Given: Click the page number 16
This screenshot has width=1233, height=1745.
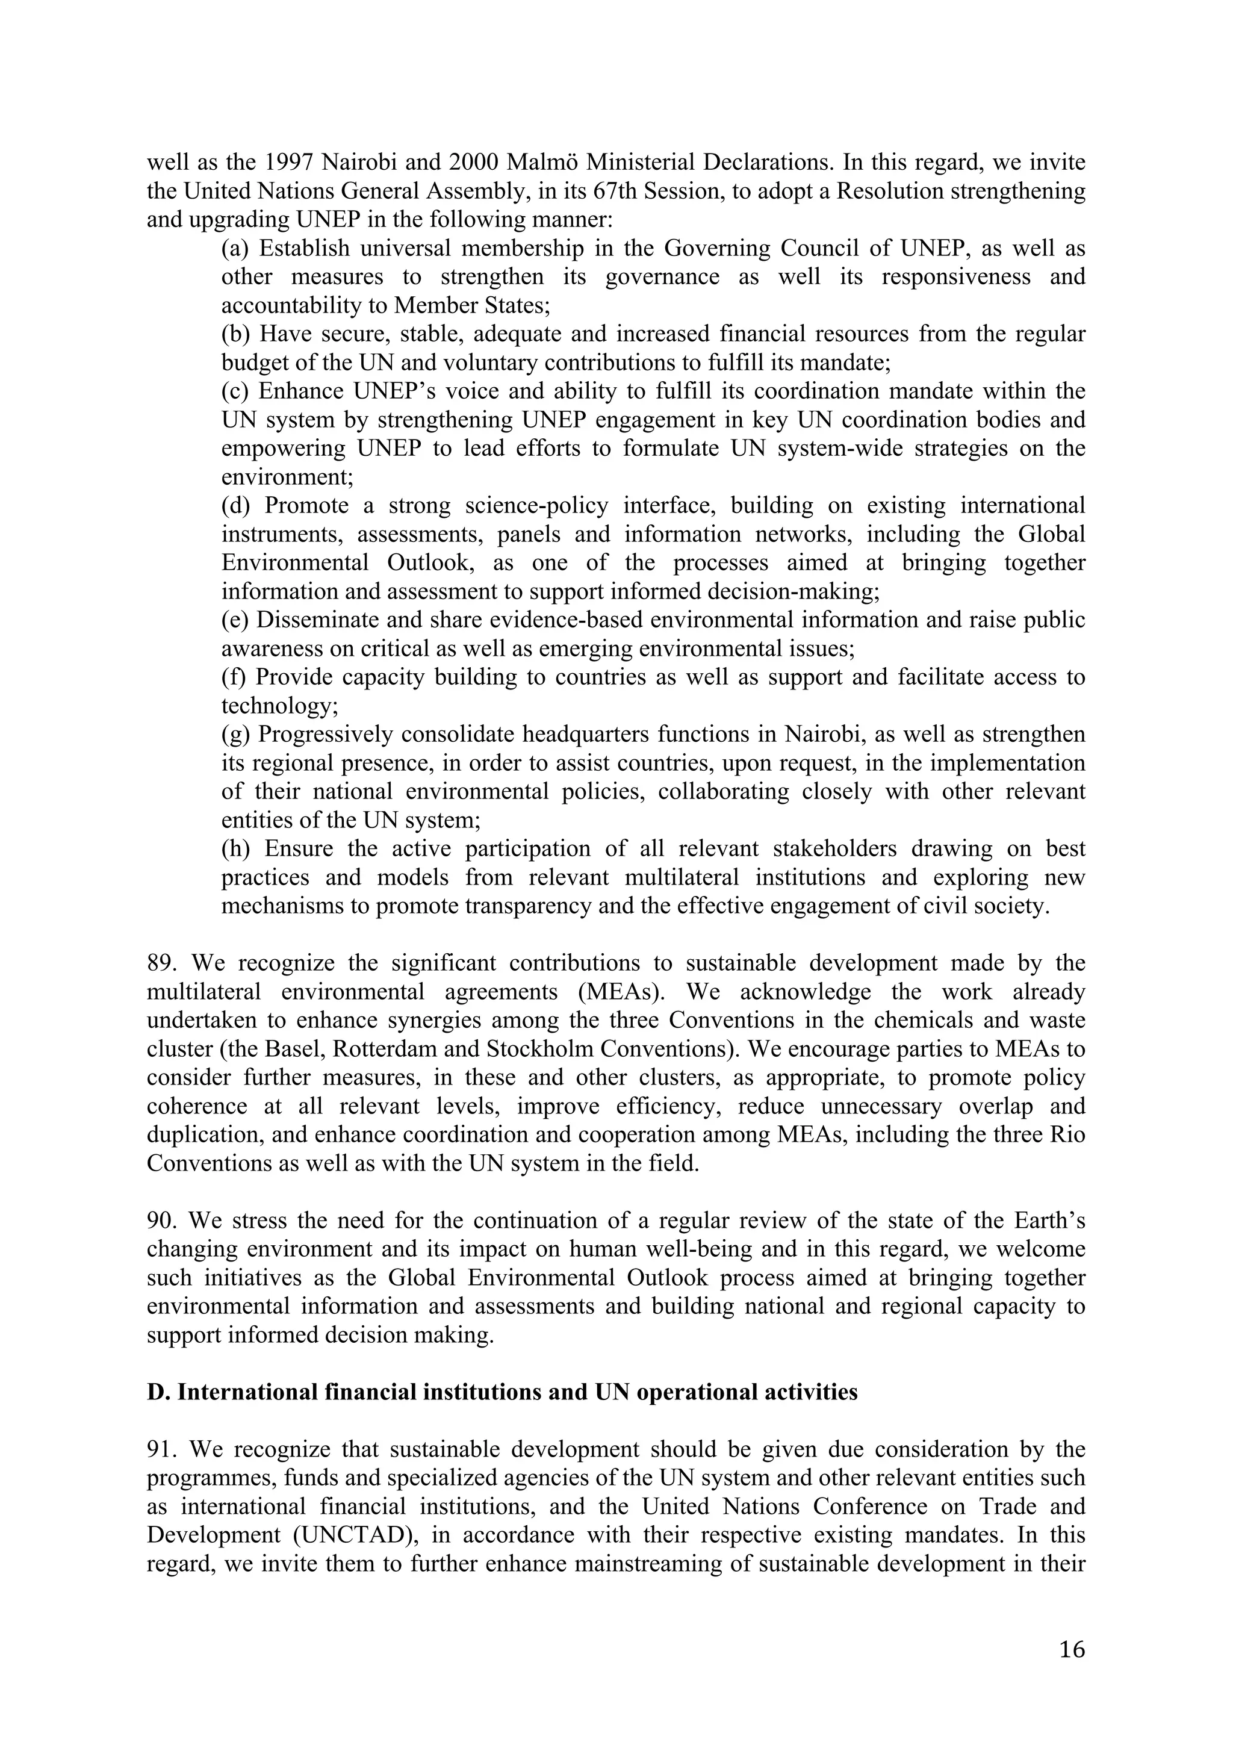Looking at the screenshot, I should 1072,1650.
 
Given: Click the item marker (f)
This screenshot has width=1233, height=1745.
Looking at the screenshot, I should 234,677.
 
